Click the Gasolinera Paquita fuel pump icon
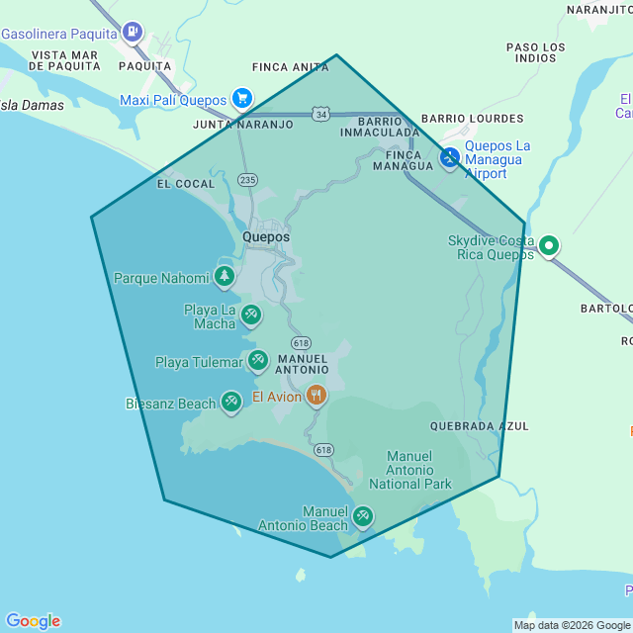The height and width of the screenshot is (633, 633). click(133, 31)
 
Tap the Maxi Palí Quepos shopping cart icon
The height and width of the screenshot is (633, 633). click(241, 98)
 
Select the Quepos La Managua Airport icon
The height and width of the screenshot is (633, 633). click(450, 157)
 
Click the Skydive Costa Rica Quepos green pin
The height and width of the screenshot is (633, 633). click(549, 245)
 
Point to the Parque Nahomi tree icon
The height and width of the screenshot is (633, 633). click(225, 276)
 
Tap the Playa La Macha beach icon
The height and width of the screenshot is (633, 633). click(251, 315)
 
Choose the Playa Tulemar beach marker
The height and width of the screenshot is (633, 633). click(257, 359)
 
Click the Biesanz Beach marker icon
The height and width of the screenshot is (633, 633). click(231, 401)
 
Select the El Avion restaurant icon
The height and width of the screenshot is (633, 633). click(316, 396)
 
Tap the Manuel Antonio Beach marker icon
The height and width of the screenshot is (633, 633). click(363, 515)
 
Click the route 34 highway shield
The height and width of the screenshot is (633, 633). click(319, 115)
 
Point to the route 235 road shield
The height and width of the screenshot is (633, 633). click(247, 179)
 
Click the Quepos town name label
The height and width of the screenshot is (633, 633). click(266, 237)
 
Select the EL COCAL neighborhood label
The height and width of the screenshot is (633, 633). click(186, 184)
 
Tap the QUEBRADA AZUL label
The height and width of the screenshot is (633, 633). click(480, 426)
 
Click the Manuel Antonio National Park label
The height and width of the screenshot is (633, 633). click(410, 470)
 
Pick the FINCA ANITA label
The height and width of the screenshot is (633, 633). click(291, 67)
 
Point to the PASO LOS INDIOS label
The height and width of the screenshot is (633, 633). click(536, 52)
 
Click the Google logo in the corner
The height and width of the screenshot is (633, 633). click(32, 621)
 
